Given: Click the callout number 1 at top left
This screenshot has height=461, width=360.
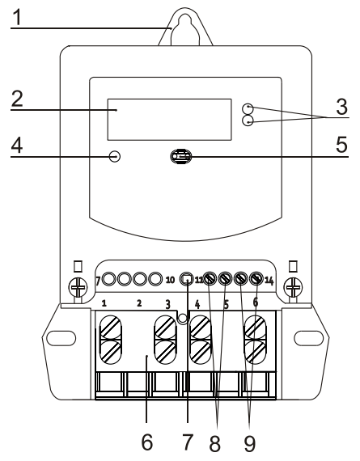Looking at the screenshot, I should [x=15, y=15].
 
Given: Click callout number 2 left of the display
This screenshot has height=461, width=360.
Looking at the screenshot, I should [x=16, y=99].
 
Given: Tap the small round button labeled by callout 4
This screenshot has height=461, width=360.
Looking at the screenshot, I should [x=115, y=155].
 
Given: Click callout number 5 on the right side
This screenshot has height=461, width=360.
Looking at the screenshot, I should [x=342, y=146].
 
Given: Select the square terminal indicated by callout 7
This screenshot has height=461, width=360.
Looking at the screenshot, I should [x=185, y=279].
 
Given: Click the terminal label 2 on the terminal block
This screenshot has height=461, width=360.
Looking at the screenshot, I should [x=139, y=305].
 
